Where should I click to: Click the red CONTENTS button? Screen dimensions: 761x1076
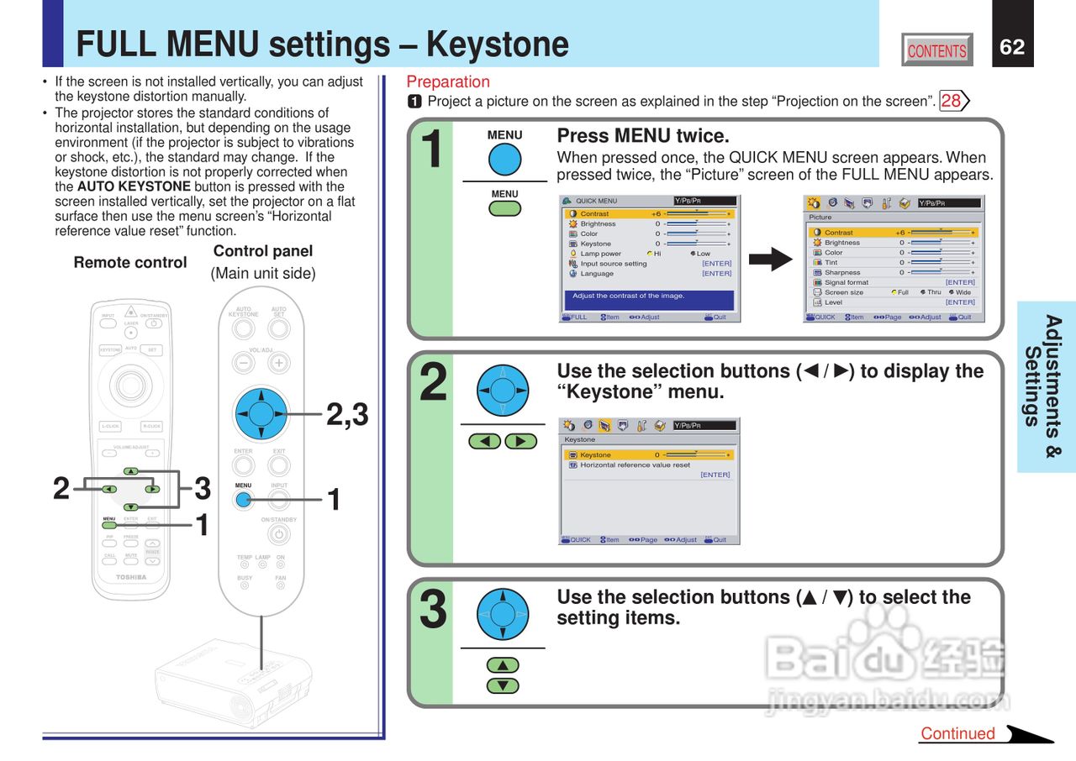point(936,50)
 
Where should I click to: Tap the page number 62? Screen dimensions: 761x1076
point(1012,47)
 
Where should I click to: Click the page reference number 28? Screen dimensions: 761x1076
point(952,102)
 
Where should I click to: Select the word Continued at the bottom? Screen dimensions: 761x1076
point(957,733)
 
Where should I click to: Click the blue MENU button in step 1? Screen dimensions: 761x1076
point(504,160)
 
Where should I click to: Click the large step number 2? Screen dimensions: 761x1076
point(433,382)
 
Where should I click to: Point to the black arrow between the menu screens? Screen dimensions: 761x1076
point(770,259)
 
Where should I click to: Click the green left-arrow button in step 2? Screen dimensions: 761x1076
point(484,441)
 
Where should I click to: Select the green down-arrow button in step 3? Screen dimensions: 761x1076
point(503,685)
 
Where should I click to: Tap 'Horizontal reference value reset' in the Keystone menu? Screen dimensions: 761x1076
point(635,464)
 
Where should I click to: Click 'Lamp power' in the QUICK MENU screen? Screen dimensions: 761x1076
point(600,254)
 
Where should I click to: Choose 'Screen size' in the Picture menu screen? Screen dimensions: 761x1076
point(843,292)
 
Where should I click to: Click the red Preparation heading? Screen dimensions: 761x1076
point(448,81)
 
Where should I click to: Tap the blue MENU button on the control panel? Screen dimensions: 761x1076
point(243,500)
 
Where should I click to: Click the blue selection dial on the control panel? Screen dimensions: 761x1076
point(261,414)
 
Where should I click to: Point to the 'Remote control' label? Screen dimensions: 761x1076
point(130,262)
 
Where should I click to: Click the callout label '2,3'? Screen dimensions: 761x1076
point(347,414)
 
